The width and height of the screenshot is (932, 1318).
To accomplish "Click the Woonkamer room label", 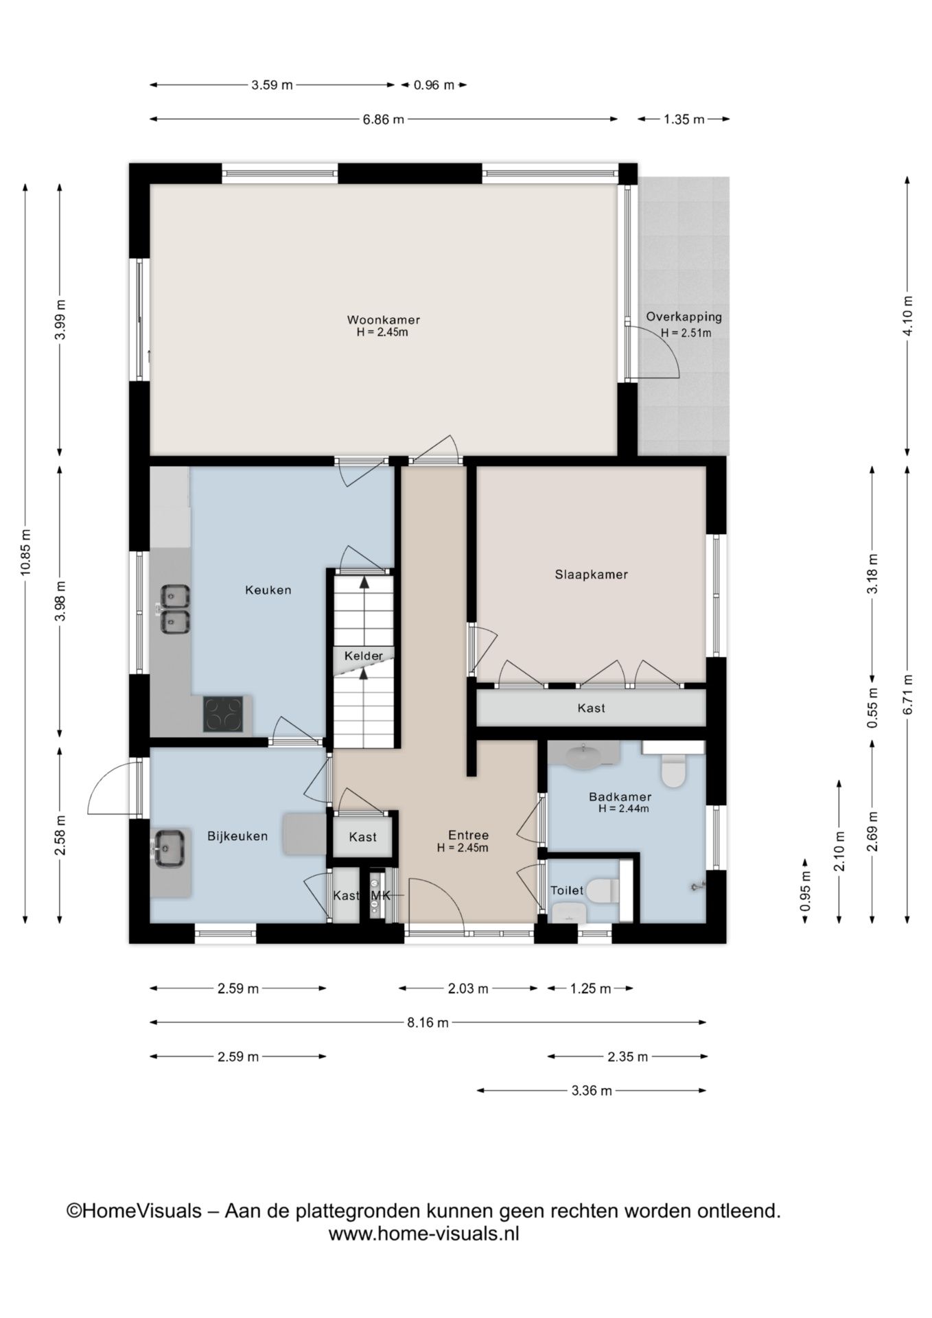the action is tap(383, 320).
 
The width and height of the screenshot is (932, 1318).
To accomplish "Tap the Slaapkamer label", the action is tap(591, 575).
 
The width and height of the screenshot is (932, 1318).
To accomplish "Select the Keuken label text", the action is tap(268, 590).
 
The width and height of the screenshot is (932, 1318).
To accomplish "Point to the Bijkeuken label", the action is tap(237, 837).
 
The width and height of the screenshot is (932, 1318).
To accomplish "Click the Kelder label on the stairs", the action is tap(364, 656).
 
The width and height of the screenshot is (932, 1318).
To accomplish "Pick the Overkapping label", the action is tap(684, 317).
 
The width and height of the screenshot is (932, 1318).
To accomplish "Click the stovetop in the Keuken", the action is tap(223, 714).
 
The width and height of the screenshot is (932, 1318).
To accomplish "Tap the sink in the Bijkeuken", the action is tap(169, 848).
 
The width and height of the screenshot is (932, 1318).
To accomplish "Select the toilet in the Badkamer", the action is tap(673, 770).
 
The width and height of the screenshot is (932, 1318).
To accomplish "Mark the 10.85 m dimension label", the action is tap(25, 553).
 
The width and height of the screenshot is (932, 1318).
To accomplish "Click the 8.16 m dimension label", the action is tap(428, 1023).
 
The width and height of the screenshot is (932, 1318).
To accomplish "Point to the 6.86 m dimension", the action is tap(384, 119).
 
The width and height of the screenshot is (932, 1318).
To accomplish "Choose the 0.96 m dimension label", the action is tap(434, 85).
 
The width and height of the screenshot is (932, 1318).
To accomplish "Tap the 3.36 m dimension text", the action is tap(592, 1091).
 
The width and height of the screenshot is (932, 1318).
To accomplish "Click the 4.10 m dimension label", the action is tap(908, 316).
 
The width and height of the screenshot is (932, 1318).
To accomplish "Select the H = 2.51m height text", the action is tap(686, 334).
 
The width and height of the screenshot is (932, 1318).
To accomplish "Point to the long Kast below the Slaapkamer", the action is tap(591, 708).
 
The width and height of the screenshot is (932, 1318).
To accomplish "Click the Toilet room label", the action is tap(567, 890).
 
